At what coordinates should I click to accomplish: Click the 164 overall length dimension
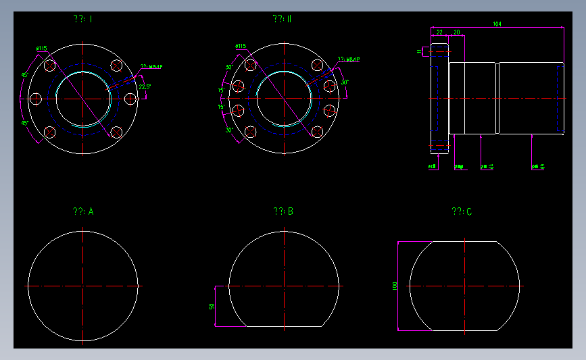coord(497,24)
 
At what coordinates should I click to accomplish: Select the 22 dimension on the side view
coord(439,32)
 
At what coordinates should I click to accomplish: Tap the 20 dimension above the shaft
coord(457,32)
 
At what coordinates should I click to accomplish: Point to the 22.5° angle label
coord(145,87)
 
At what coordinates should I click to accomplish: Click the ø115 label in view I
coord(42,48)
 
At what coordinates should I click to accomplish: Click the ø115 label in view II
coord(241,46)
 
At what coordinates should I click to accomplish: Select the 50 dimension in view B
coord(212,307)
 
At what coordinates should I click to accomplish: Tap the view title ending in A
coord(83,211)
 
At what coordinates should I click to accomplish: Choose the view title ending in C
coord(462,212)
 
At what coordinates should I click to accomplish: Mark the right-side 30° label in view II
coord(345,82)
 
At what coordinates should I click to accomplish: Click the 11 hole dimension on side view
coord(420,51)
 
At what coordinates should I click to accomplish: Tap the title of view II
coord(283,19)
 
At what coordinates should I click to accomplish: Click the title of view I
coord(83,19)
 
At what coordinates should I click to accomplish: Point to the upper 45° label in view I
coord(24,75)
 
